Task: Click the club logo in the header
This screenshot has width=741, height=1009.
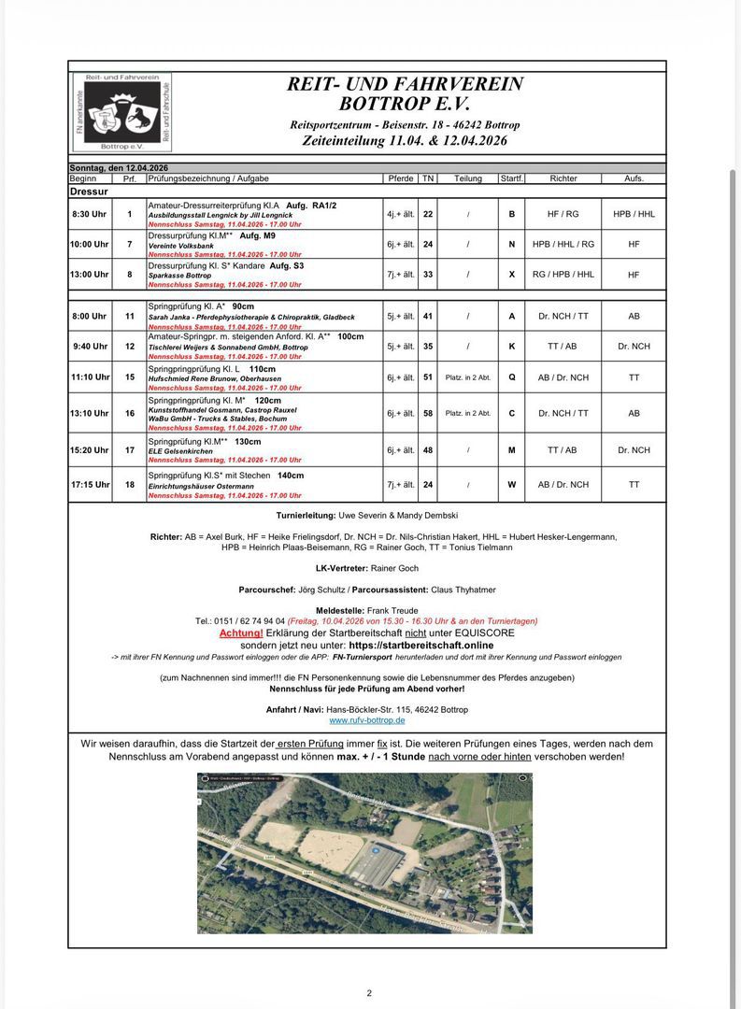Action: coord(122,111)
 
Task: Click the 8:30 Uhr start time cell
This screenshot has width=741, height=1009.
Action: coord(89,214)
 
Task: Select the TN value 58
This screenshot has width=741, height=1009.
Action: coord(428,413)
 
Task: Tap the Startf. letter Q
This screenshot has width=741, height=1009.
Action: coord(511,377)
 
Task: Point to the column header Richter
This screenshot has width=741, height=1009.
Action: coord(563,178)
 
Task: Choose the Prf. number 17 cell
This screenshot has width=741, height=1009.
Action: coord(130,450)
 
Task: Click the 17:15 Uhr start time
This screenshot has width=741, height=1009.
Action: coord(90,485)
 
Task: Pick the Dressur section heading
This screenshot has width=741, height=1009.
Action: coord(89,191)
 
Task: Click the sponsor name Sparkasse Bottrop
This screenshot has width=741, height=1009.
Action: coord(179,276)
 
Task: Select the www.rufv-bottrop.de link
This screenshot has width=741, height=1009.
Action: coord(366,720)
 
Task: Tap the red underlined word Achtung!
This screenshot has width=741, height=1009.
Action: coord(241,632)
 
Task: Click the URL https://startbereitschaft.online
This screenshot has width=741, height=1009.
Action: coord(420,645)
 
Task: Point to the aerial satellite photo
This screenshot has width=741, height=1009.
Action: coord(364,852)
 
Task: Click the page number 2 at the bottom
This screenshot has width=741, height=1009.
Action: coord(369,993)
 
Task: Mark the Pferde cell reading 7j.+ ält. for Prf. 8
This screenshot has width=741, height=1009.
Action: coord(401,276)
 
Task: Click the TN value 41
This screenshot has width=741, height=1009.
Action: coord(428,317)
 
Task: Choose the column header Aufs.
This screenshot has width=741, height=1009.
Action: coord(634,178)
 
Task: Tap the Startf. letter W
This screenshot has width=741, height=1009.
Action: coord(511,485)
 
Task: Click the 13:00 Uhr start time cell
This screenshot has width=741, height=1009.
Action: coord(90,275)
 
